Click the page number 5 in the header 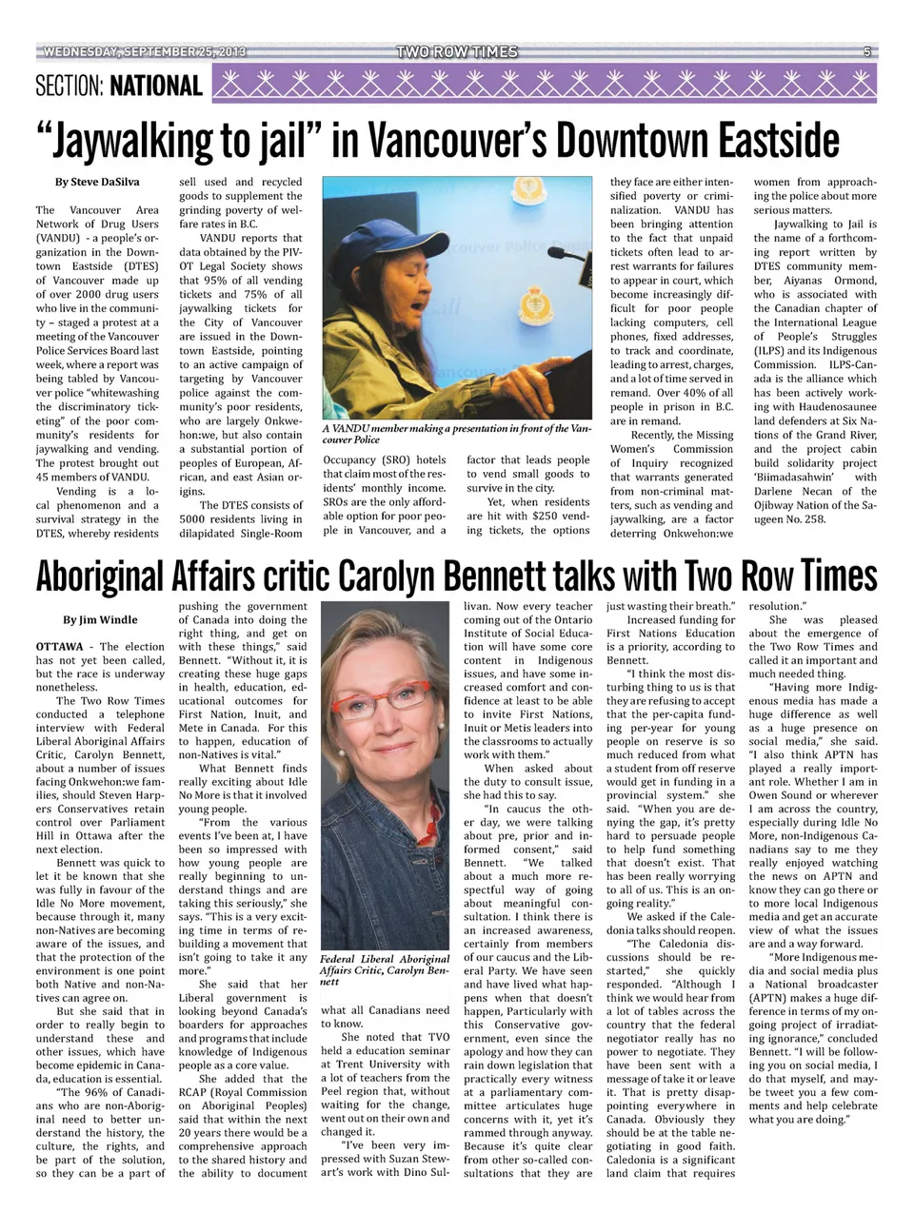(x=867, y=52)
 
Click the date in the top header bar (x=142, y=52)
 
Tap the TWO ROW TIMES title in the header (x=458, y=52)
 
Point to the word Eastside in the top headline (x=765, y=140)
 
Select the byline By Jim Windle (x=100, y=620)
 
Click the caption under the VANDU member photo (x=458, y=435)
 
